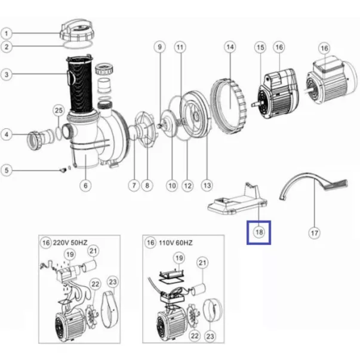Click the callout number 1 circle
[x=7, y=33]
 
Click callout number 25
[x=59, y=110]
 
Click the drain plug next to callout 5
[x=63, y=170]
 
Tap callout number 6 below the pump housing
[x=85, y=186]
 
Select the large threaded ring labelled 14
[x=229, y=101]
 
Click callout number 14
[x=230, y=47]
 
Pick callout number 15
[x=260, y=48]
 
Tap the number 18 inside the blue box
[x=259, y=232]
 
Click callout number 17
[x=314, y=233]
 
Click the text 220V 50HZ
[x=70, y=242]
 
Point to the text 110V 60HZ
[x=176, y=242]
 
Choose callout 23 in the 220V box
[x=113, y=282]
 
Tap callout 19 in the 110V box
[x=179, y=258]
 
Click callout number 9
[x=160, y=47]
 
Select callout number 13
[x=207, y=185]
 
